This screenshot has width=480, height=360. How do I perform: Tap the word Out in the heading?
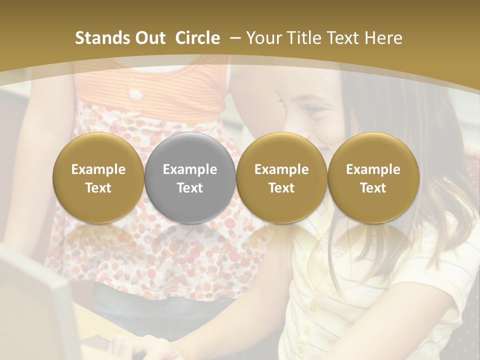click(149, 38)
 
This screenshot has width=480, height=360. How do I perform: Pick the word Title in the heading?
click(306, 38)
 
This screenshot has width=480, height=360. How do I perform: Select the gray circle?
click(190, 177)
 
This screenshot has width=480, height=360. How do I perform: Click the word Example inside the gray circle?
click(190, 169)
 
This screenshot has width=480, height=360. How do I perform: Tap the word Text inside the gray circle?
click(190, 188)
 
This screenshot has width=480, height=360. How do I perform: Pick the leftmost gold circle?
click(98, 177)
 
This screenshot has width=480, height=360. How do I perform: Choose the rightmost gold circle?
click(373, 177)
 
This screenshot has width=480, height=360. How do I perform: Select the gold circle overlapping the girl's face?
click(281, 177)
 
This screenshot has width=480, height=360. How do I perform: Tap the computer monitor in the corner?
click(35, 305)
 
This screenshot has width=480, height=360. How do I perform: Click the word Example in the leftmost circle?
click(98, 169)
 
